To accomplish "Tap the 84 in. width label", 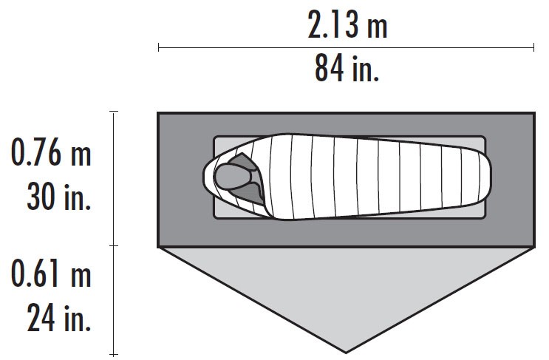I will (347, 70).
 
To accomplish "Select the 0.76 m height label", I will (51, 155).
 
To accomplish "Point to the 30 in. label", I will (58, 196).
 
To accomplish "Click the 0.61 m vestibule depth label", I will (51, 275).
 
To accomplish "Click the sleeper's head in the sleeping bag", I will (231, 177).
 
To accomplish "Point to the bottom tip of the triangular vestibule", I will (346, 352).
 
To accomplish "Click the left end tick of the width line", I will (159, 48).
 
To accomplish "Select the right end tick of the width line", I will (533, 48).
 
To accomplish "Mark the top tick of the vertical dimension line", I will (114, 112).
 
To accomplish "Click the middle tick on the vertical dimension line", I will (114, 245).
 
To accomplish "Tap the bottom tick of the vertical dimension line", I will (114, 355).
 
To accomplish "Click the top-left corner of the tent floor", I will (159, 113).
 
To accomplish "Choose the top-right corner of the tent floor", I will (533, 113).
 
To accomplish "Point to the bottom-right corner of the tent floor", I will (533, 246).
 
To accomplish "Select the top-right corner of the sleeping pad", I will (485, 137).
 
